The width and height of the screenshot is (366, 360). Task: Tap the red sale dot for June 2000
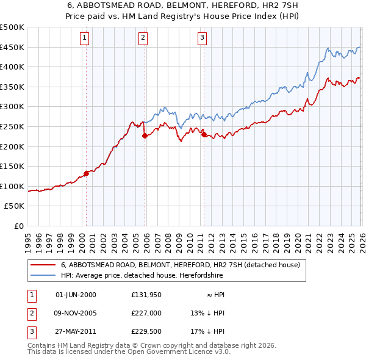tap(86, 173)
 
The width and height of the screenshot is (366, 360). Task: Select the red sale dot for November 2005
tap(145, 136)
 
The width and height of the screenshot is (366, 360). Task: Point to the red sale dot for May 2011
tap(204, 135)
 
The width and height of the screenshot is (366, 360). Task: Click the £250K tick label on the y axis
tap(12, 127)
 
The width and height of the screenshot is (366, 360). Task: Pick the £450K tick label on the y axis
tap(12, 48)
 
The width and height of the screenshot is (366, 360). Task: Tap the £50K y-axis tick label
tap(15, 206)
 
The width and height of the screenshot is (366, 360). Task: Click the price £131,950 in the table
tap(146, 295)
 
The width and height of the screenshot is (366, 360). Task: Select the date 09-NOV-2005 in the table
tap(76, 313)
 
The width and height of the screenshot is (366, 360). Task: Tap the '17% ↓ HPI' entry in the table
tap(207, 331)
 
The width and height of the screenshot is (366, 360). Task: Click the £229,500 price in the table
tap(146, 331)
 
